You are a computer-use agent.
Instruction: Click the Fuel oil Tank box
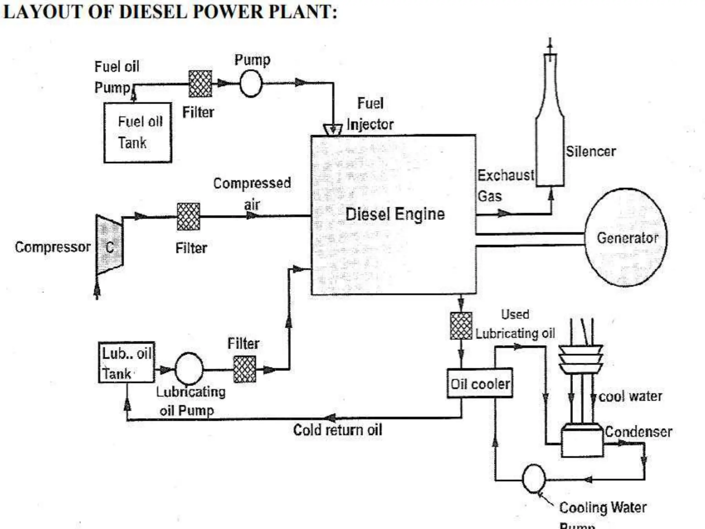point(138,133)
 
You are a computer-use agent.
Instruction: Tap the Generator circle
point(626,238)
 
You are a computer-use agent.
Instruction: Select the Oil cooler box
point(480,384)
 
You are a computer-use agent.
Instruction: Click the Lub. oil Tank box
point(126,362)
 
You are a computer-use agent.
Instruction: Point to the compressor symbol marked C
point(109,245)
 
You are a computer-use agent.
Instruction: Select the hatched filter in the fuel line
point(200,84)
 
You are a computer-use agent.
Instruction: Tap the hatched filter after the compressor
point(188,217)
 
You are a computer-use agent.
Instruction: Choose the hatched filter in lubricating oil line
point(244,369)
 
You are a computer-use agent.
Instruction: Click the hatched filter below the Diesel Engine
point(461,326)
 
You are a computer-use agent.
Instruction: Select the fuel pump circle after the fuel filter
point(251,83)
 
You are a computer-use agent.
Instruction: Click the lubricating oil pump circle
point(189,369)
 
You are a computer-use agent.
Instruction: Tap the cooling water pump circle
point(534,479)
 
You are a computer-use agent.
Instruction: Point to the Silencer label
point(591,152)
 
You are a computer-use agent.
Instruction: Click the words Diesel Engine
point(395,214)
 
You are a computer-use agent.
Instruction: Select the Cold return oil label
point(337,430)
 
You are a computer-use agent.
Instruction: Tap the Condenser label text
point(638,432)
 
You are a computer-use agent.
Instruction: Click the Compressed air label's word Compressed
point(252,183)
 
